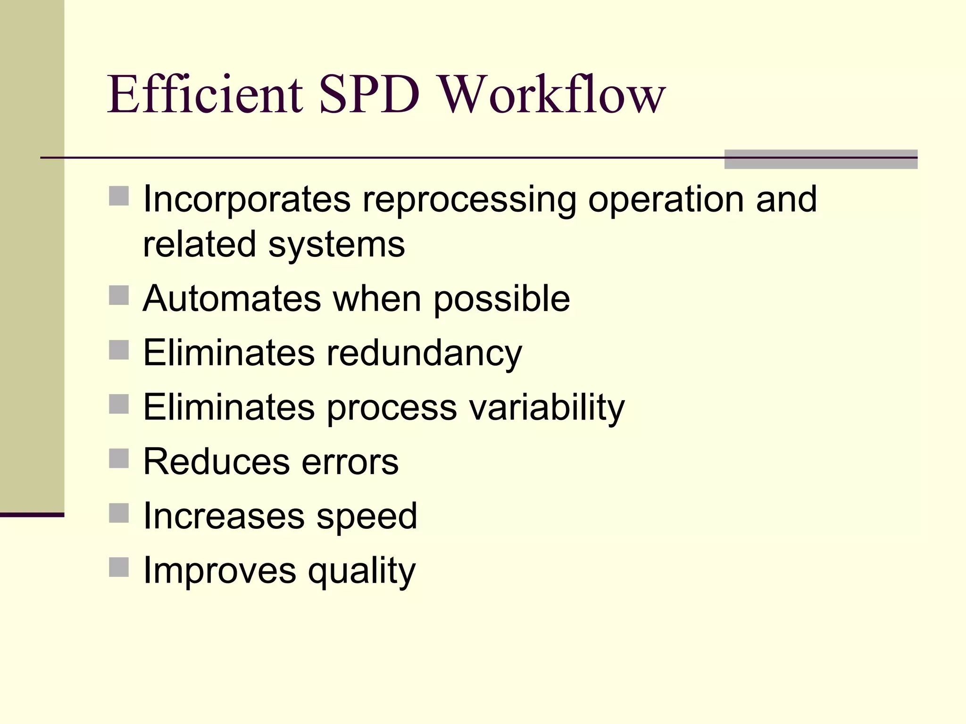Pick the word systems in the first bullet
[x=336, y=245]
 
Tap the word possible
[x=501, y=300]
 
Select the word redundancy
[x=425, y=354]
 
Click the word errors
[x=350, y=462]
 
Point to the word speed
[x=366, y=517]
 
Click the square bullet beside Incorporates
[x=119, y=196]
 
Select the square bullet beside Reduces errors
[x=119, y=458]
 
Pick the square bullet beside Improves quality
[x=119, y=567]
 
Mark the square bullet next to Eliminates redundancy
[x=119, y=350]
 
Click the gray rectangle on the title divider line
[x=821, y=159]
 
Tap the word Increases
[x=224, y=516]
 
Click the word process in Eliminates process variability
[x=391, y=408]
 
